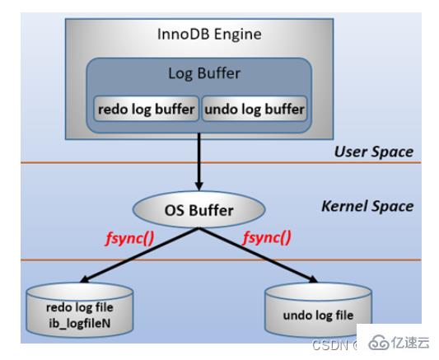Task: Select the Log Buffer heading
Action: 203,73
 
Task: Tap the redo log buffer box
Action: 147,108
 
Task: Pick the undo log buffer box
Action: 254,108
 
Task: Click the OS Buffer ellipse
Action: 198,210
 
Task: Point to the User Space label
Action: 373,152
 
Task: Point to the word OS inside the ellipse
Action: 173,210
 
